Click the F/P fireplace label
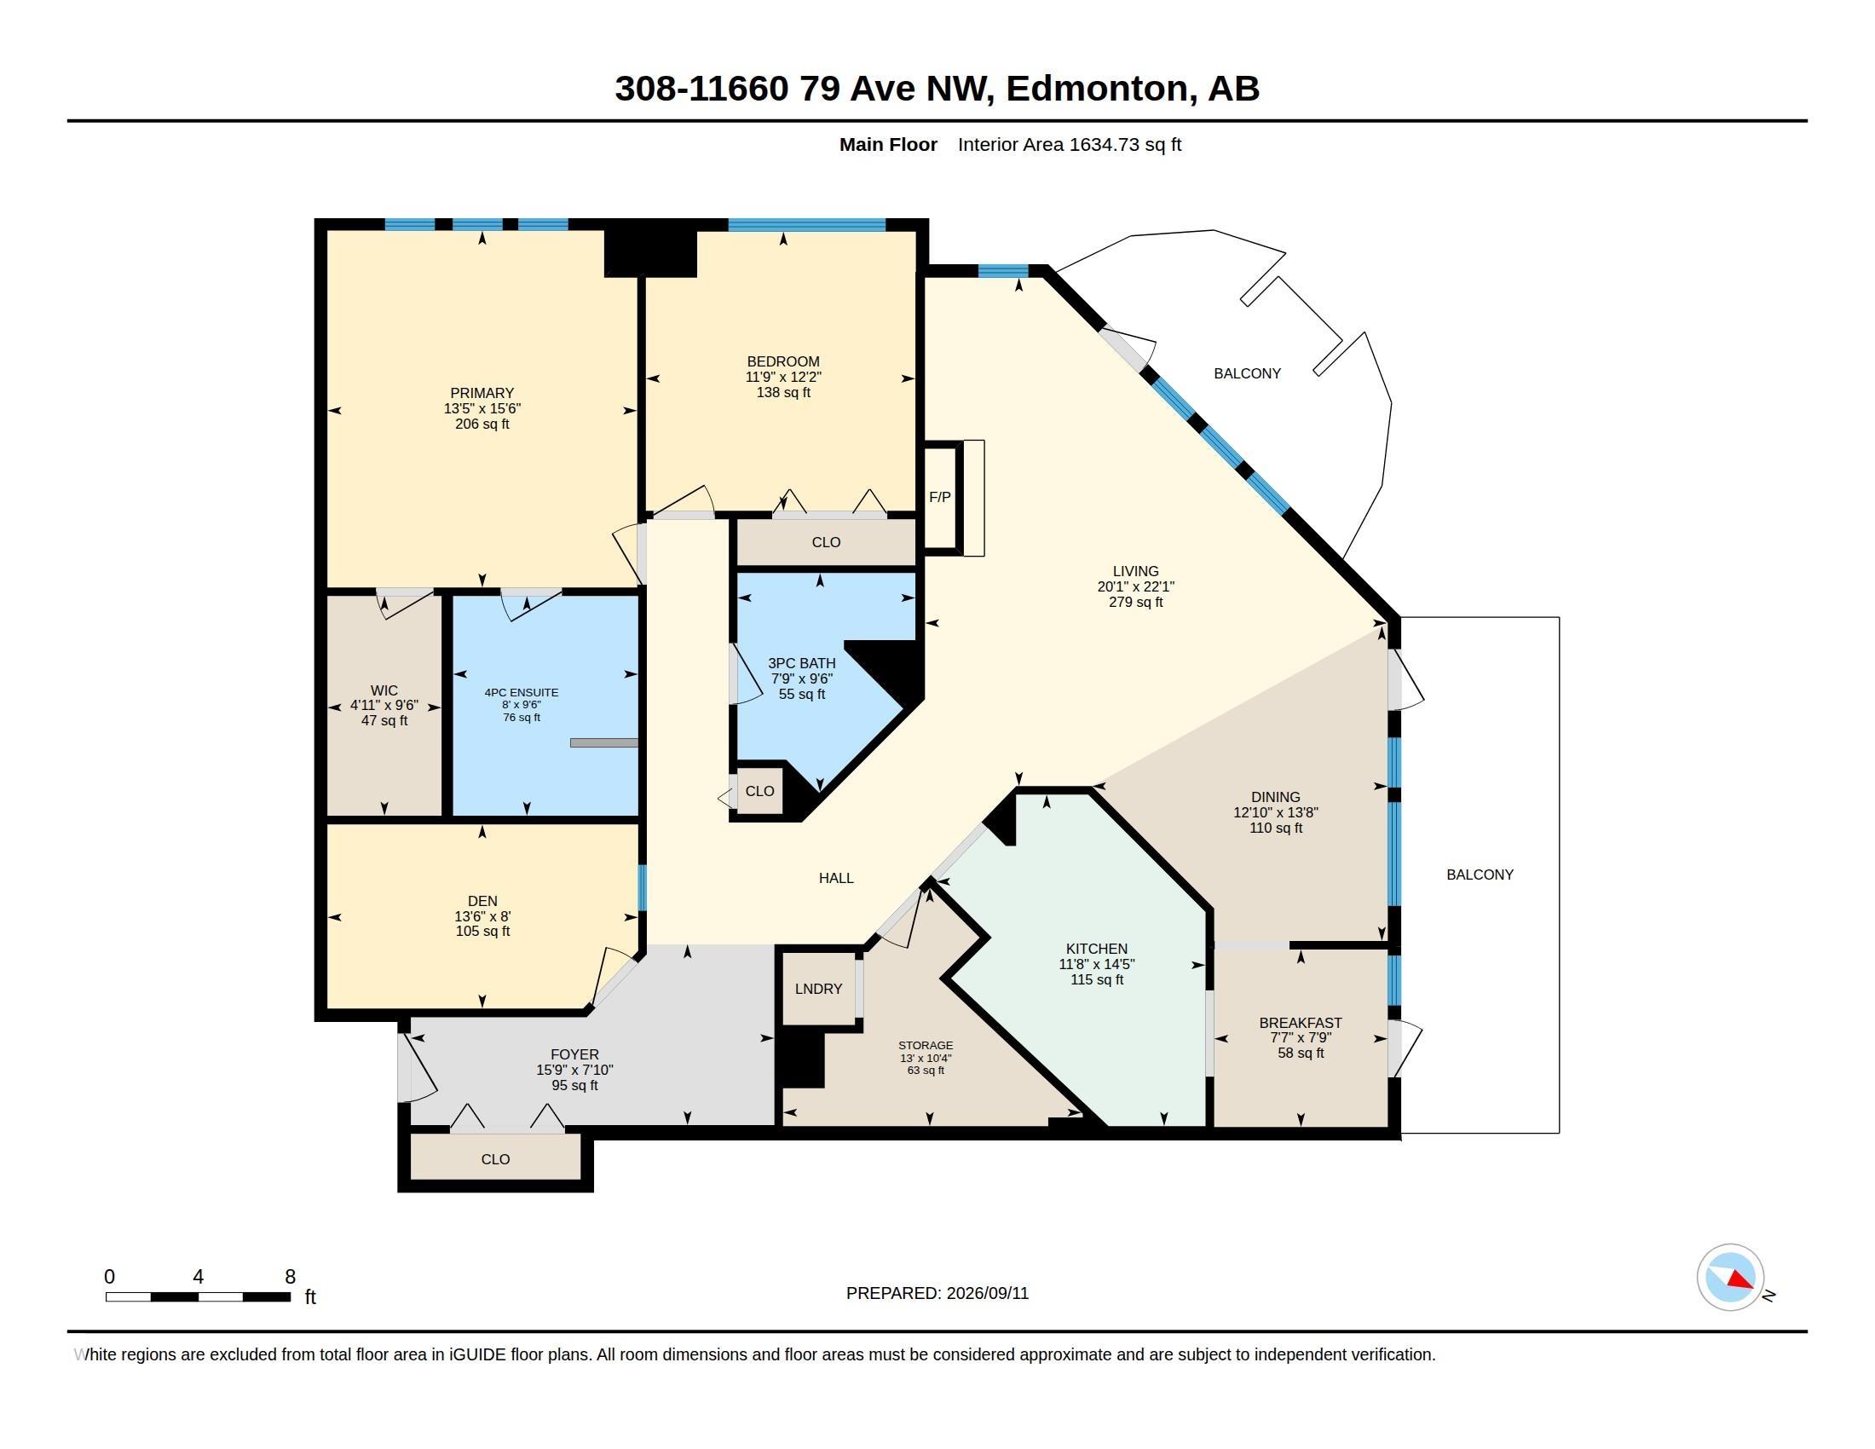939,497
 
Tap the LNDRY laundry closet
818,989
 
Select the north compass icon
1730,1278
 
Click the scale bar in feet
199,1296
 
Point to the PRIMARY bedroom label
482,393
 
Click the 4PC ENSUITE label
521,693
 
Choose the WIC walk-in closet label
384,690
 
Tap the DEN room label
482,900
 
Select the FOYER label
574,1054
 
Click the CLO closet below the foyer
495,1159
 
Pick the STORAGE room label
926,1046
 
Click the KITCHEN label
1096,949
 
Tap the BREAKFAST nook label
1300,1022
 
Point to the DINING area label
1275,797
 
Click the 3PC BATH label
801,662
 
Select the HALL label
835,877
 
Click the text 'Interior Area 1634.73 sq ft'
1069,144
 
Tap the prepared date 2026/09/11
987,1293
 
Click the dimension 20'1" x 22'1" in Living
1135,586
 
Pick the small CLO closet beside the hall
759,791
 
